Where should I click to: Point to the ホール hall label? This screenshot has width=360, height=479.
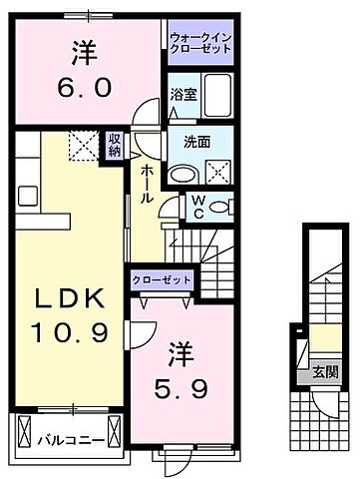click(x=146, y=184)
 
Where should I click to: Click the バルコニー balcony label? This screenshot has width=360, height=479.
click(x=66, y=436)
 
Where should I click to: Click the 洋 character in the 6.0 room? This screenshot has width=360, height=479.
click(x=84, y=50)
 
